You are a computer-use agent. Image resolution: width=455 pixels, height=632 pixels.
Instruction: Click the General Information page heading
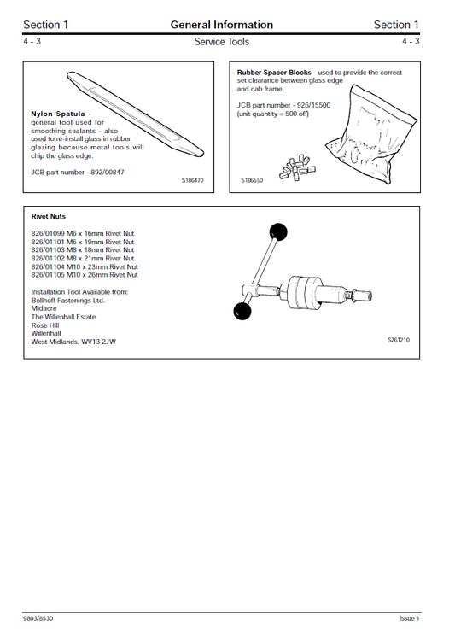[222, 25]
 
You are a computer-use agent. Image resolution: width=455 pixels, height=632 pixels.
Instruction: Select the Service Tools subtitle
[222, 42]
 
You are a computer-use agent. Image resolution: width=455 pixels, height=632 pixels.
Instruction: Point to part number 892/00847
[110, 172]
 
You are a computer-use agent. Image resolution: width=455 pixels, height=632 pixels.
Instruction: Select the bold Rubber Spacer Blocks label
[273, 73]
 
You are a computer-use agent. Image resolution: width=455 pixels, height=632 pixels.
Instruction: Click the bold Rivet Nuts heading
[49, 217]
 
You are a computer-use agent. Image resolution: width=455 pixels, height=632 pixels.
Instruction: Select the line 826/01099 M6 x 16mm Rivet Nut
[82, 233]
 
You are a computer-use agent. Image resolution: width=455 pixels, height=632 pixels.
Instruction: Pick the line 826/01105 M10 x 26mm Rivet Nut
[84, 275]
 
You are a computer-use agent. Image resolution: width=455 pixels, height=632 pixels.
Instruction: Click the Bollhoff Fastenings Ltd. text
[67, 300]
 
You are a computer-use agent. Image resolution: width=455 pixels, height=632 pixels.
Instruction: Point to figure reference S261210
[398, 340]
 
